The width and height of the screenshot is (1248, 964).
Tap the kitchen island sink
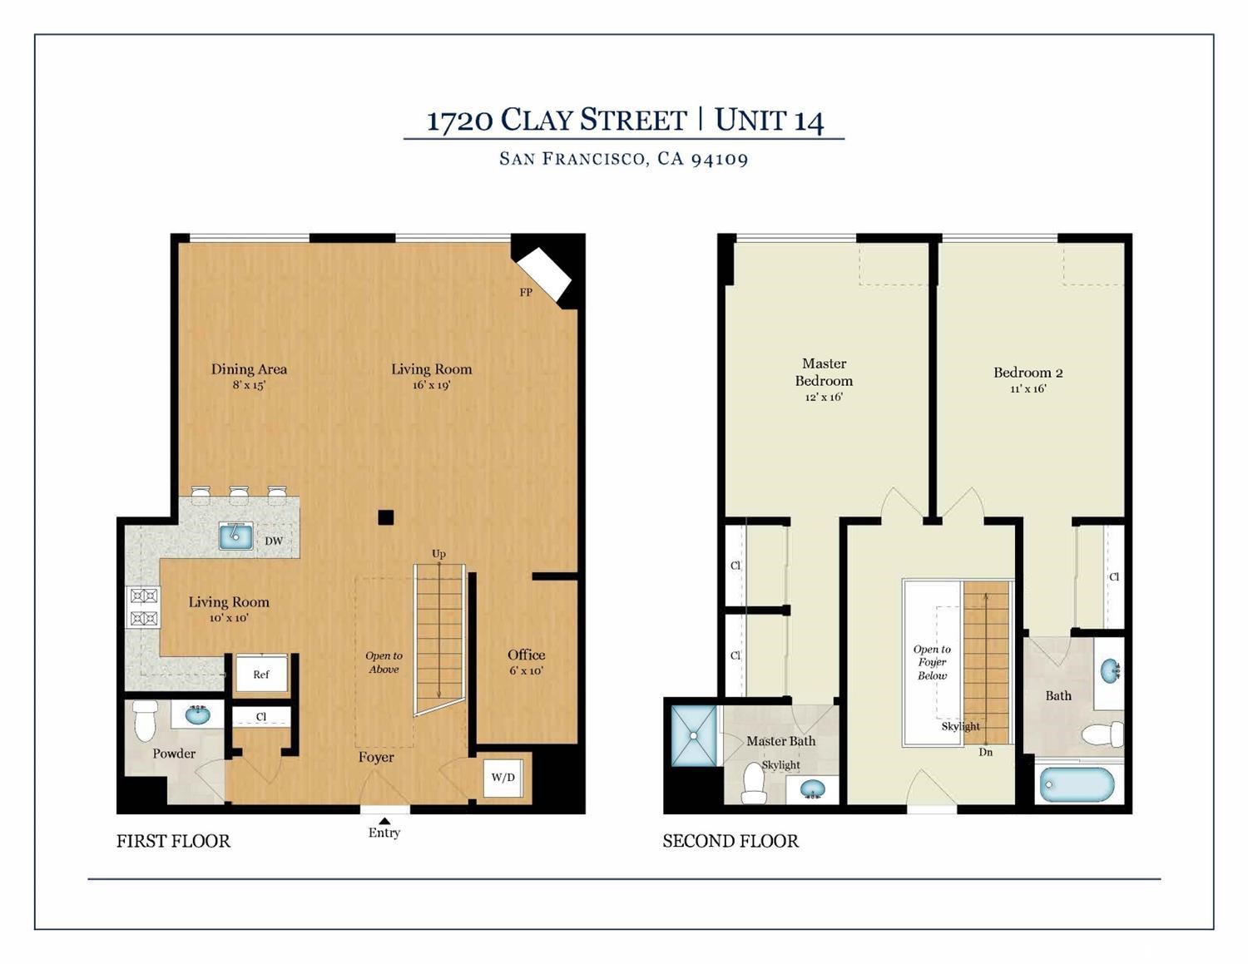click(x=235, y=536)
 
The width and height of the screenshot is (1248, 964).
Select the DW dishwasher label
click(x=274, y=541)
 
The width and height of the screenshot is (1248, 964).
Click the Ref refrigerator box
click(x=261, y=675)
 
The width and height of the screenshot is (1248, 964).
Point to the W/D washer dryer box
click(x=503, y=778)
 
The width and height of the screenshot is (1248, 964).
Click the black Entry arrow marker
click(x=384, y=821)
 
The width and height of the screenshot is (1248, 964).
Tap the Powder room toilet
click(x=146, y=720)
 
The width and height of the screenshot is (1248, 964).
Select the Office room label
click(x=526, y=655)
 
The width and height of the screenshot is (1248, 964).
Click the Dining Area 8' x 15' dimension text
click(x=249, y=386)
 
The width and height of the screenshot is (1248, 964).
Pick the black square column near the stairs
click(x=385, y=517)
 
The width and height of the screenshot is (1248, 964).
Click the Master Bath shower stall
click(x=693, y=735)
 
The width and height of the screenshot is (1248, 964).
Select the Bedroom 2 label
click(x=1028, y=373)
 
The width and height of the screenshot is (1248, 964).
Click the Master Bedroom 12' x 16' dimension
click(x=823, y=398)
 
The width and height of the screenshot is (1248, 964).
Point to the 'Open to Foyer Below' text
click(x=932, y=662)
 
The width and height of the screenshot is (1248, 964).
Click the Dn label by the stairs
click(x=985, y=752)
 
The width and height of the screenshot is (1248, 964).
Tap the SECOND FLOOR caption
click(x=730, y=841)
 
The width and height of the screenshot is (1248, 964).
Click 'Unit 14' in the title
click(x=769, y=120)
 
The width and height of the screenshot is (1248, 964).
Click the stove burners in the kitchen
click(x=142, y=606)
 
